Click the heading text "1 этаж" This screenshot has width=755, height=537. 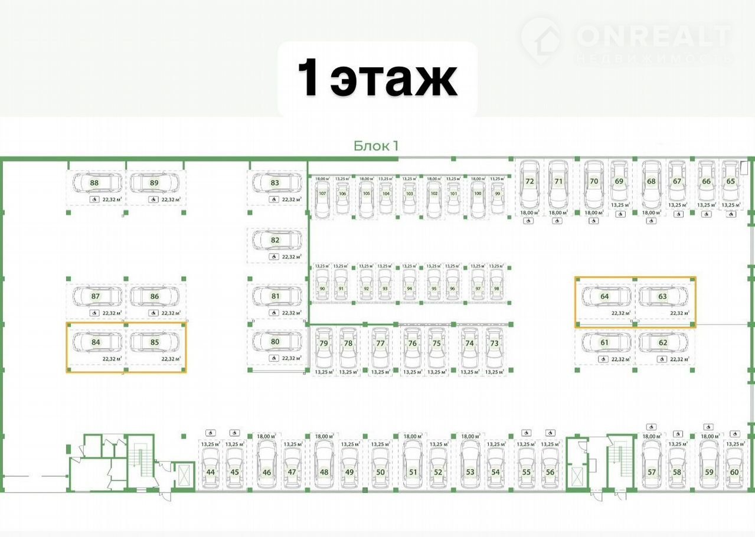coord(377,79)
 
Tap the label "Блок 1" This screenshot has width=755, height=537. coord(376,146)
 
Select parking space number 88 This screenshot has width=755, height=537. coord(94,183)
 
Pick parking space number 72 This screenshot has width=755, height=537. coord(530,181)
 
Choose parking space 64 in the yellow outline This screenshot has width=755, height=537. coord(604,296)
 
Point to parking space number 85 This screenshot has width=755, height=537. coord(155,342)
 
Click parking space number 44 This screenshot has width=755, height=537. coord(211,471)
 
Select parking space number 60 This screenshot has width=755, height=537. coord(734,471)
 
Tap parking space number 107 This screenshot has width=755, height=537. coord(322,194)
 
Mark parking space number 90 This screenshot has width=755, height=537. coord(322,289)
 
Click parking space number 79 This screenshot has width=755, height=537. coord(323,343)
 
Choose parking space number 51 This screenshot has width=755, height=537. coord(413,471)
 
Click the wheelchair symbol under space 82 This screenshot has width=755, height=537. coord(273,257)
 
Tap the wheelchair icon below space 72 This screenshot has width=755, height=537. coord(529,221)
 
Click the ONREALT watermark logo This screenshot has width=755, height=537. coord(626,40)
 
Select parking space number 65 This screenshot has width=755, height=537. coord(731,181)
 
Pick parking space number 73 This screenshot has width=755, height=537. coord(495,343)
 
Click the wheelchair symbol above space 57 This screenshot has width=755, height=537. coord(651,427)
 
